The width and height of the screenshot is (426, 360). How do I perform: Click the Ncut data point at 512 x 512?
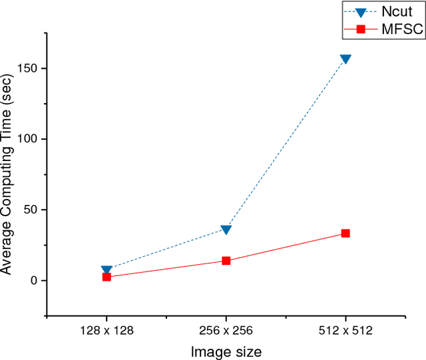click(x=345, y=59)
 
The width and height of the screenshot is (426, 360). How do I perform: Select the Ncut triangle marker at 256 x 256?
click(x=226, y=230)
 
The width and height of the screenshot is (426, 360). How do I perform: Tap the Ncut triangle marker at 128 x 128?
click(x=106, y=270)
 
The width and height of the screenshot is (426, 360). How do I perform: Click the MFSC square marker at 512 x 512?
click(x=345, y=234)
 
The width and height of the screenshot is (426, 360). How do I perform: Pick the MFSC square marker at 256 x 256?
click(x=226, y=261)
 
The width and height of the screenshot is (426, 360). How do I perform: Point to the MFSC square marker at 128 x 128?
click(x=106, y=277)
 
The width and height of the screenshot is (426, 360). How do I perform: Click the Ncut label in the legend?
click(x=397, y=12)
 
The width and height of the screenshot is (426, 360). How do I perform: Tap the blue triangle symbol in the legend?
click(x=360, y=12)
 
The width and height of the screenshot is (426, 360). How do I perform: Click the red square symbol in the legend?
click(x=360, y=29)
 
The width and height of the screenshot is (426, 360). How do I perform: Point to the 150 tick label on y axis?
click(x=27, y=69)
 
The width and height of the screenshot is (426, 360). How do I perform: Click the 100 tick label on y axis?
click(x=27, y=139)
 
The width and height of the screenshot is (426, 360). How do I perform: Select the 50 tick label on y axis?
click(x=30, y=210)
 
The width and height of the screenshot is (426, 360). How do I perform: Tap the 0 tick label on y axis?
click(x=33, y=281)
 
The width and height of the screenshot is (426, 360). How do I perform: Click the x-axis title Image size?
click(x=226, y=351)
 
